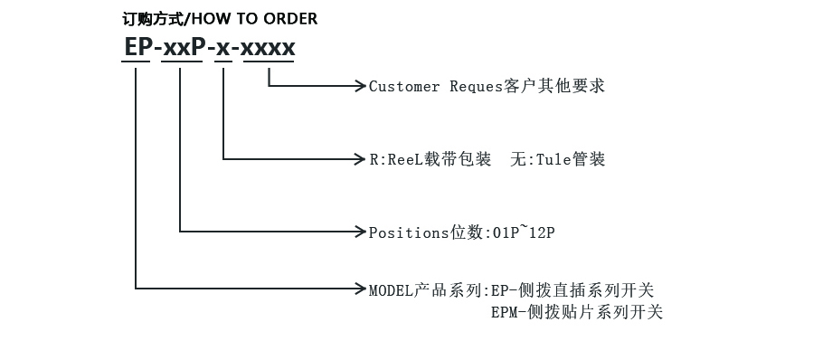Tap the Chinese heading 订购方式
tap(151, 19)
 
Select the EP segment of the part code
tap(137, 47)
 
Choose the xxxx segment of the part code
tap(269, 47)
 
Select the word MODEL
tap(391, 290)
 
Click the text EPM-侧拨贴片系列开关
tap(576, 313)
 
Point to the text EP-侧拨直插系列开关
tap(572, 290)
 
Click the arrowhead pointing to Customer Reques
tap(360, 87)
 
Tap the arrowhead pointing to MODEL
tap(360, 289)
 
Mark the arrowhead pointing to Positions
tap(360, 232)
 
